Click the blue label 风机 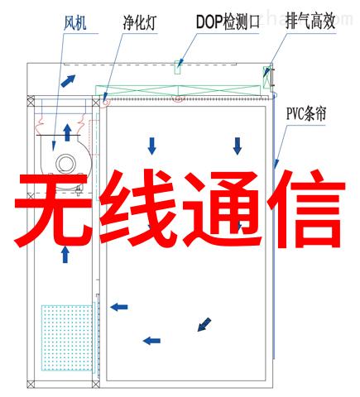click(74, 22)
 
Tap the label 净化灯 click(140, 22)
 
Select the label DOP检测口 click(228, 22)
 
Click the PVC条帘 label click(306, 113)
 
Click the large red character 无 click(52, 210)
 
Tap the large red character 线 click(137, 208)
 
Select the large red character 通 click(223, 208)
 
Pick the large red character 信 click(306, 208)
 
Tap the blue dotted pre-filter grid click(67, 337)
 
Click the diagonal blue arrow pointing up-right click(68, 81)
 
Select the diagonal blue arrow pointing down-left click(204, 324)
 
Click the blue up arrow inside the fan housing click(67, 132)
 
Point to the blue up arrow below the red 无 click(65, 255)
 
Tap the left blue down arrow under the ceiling click(151, 146)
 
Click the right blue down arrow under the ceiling click(238, 146)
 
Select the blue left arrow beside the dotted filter click(119, 307)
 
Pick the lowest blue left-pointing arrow click(151, 341)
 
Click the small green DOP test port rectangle click(178, 67)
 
